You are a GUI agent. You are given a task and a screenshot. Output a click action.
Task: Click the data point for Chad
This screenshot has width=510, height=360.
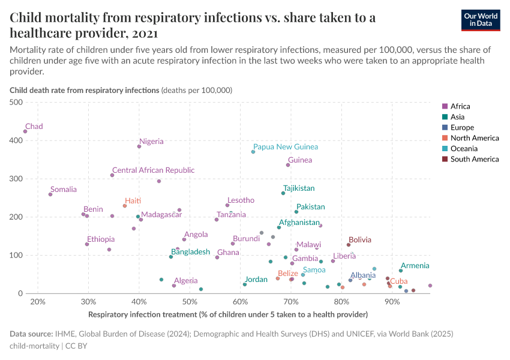click(x=25, y=131)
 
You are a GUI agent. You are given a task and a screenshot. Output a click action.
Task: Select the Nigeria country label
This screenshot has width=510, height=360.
click(x=151, y=142)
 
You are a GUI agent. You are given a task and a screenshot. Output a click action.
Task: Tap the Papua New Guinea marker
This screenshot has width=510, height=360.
click(x=253, y=152)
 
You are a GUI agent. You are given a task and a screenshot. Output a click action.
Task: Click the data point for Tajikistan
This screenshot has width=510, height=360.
click(x=283, y=193)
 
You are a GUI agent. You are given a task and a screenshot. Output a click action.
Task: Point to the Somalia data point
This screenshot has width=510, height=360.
click(x=50, y=194)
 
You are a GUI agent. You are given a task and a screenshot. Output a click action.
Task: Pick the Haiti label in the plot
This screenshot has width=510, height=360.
click(x=133, y=200)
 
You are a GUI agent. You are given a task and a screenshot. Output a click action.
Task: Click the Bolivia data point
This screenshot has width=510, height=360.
click(x=348, y=245)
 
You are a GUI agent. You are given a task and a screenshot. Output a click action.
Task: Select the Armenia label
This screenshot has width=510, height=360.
click(x=415, y=265)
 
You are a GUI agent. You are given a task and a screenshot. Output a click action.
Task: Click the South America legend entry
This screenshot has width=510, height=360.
click(x=474, y=159)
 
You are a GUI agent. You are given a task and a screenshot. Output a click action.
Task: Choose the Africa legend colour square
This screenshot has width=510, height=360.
click(x=445, y=107)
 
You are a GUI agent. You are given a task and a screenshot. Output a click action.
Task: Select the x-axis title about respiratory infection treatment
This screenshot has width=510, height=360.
click(x=227, y=314)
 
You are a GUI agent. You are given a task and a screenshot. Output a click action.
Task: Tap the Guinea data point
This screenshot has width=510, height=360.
click(x=288, y=165)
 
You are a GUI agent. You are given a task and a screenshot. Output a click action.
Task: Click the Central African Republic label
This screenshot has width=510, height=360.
click(x=153, y=170)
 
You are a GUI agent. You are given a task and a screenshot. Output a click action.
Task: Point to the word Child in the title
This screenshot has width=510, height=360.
click(x=26, y=17)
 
